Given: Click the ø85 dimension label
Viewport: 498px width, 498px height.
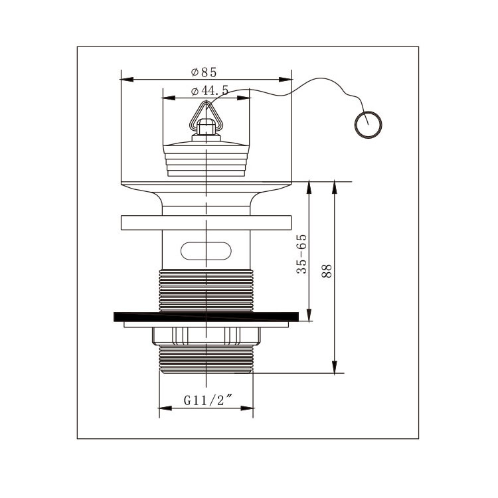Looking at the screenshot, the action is pyautogui.click(x=204, y=72).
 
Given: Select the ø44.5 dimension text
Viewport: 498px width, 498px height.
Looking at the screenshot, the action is pyautogui.click(x=210, y=91).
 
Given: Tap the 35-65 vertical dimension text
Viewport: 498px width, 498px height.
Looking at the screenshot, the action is pyautogui.click(x=301, y=254).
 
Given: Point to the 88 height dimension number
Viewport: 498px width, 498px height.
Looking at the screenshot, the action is pyautogui.click(x=327, y=271).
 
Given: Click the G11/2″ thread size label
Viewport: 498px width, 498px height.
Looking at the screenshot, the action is pyautogui.click(x=208, y=400).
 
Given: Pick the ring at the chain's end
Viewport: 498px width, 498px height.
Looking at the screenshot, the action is pyautogui.click(x=368, y=125).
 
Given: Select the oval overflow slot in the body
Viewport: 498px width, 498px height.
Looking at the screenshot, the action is pyautogui.click(x=206, y=251).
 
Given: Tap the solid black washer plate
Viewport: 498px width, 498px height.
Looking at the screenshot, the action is pyautogui.click(x=206, y=317).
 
